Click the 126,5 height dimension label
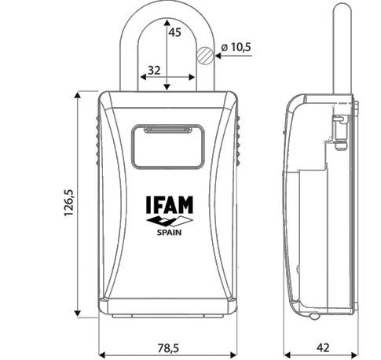click(69, 203)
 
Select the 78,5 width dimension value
click(168, 348)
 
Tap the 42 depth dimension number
click(323, 347)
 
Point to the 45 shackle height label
click(174, 32)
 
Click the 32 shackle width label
click(154, 70)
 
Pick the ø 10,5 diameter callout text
click(236, 47)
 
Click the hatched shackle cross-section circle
click(205, 56)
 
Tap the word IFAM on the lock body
click(170, 204)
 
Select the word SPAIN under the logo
click(169, 233)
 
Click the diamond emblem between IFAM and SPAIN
click(170, 221)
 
